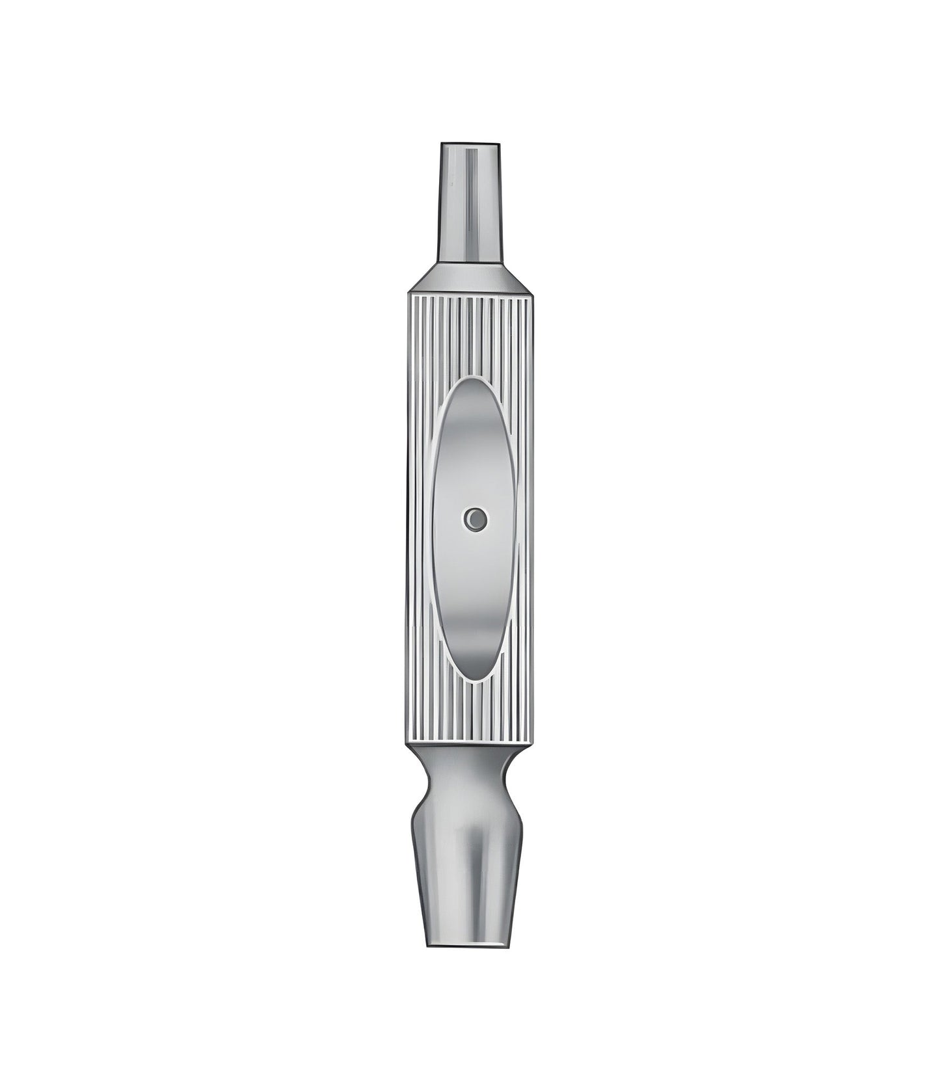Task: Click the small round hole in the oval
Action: pos(476,518)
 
